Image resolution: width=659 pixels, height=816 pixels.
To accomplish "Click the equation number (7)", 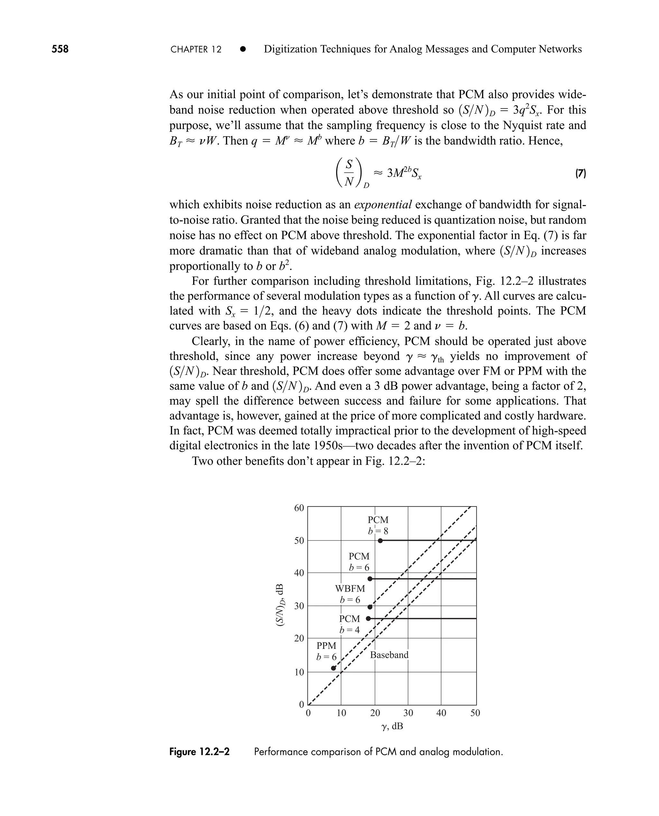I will (580, 174).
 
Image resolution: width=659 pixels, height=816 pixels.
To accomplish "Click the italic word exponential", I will (383, 205).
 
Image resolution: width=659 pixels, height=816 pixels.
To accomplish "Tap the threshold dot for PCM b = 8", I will (380, 540).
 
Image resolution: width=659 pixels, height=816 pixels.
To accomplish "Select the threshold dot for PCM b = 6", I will (370, 579).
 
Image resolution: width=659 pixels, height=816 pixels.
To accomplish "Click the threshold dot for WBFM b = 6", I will (370, 607).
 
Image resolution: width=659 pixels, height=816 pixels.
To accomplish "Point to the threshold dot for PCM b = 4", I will (368, 619).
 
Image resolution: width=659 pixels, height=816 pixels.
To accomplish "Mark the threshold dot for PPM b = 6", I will (333, 668).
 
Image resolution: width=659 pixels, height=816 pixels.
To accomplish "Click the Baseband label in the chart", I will (389, 655).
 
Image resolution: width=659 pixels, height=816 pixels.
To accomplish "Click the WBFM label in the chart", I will (350, 588).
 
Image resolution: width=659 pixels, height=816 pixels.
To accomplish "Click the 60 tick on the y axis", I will (299, 508).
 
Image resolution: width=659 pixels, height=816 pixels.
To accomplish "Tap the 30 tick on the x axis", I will (408, 713).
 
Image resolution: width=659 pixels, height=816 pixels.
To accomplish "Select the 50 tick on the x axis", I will (475, 713).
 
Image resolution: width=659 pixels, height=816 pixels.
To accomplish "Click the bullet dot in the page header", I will (243, 49).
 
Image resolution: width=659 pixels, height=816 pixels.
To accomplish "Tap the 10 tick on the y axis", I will (299, 672).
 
